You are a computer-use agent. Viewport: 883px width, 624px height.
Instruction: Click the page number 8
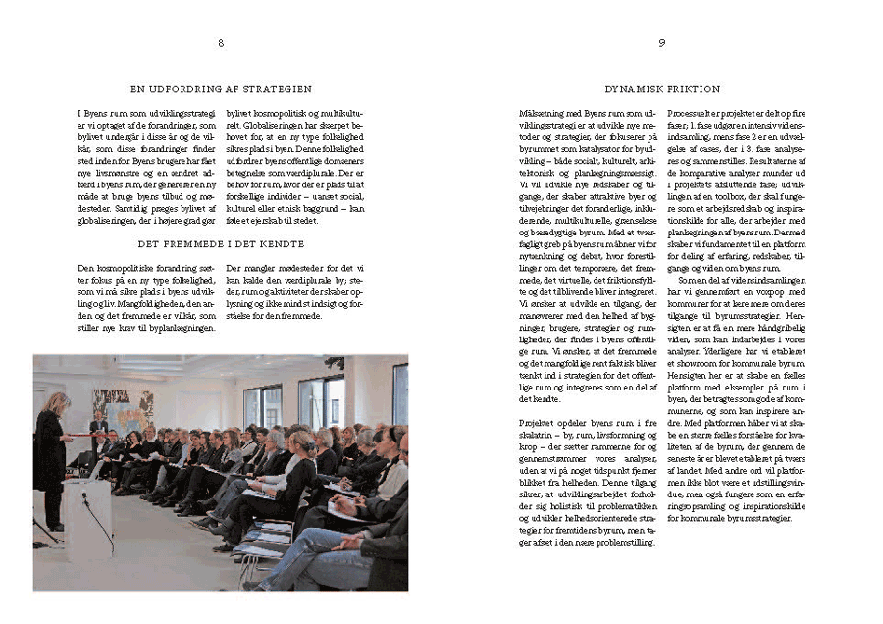point(221,43)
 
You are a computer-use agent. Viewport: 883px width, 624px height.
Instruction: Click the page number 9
point(662,43)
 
